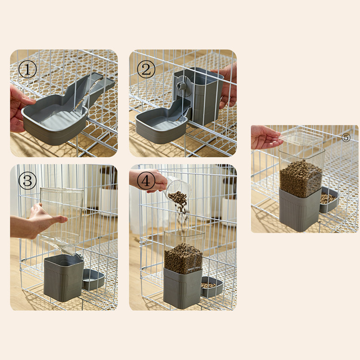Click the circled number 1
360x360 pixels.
point(27,69)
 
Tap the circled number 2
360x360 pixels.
point(146,69)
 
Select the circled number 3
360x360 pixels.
point(27,181)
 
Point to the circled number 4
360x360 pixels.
point(146,181)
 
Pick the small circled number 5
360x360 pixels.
point(346,138)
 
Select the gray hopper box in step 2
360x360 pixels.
point(198,96)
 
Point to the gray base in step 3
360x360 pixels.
point(63,278)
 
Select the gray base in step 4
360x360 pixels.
point(183,288)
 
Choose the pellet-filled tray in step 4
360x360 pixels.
point(211,287)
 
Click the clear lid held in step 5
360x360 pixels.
point(301,138)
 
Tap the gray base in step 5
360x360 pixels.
point(300,209)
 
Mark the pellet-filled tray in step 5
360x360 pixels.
point(329,199)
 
